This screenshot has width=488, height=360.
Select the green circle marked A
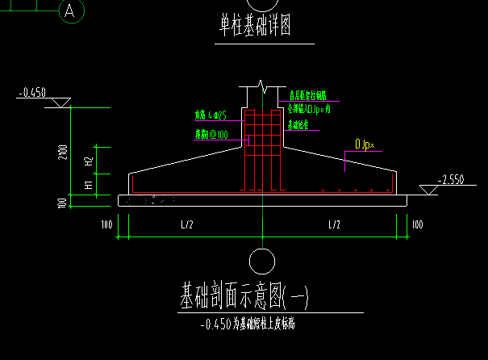click(x=72, y=11)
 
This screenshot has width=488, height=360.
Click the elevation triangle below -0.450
click(x=60, y=103)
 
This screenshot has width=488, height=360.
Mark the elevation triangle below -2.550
click(x=427, y=190)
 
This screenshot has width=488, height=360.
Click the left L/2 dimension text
click(x=187, y=224)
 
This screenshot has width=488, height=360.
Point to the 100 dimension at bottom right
click(x=417, y=224)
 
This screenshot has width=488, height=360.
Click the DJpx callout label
click(x=365, y=145)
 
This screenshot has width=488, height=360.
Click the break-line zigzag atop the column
click(x=261, y=85)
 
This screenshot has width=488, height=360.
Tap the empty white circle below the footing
click(x=261, y=261)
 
